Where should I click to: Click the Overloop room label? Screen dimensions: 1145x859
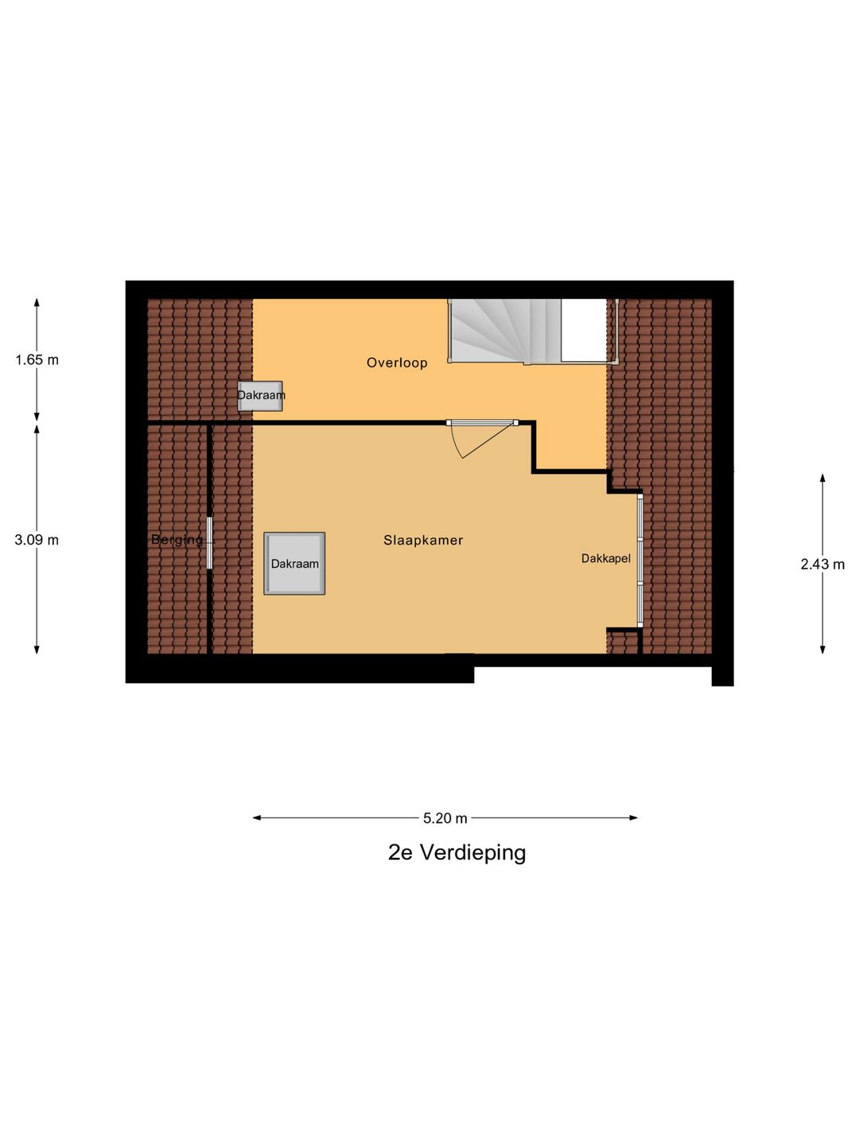(x=397, y=363)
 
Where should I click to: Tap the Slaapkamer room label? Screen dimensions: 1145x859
(x=423, y=540)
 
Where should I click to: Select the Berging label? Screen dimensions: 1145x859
(x=177, y=540)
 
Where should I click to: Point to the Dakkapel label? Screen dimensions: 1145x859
(x=605, y=559)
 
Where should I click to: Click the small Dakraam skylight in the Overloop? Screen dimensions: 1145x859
(x=260, y=395)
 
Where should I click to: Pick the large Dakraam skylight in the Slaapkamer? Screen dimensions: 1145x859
(x=294, y=564)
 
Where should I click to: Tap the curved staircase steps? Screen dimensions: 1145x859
(x=489, y=330)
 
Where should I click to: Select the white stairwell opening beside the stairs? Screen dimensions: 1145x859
(x=584, y=330)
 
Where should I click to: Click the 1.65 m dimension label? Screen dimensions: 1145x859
(x=37, y=359)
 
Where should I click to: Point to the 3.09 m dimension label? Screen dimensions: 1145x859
(x=37, y=540)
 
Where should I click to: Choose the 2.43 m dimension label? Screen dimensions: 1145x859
(x=822, y=565)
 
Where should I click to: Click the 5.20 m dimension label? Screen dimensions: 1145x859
(x=445, y=817)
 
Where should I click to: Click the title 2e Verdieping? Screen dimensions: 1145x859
(x=457, y=852)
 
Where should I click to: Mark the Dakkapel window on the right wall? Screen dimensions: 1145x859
(x=639, y=560)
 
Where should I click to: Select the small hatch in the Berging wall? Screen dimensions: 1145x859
(x=209, y=543)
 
